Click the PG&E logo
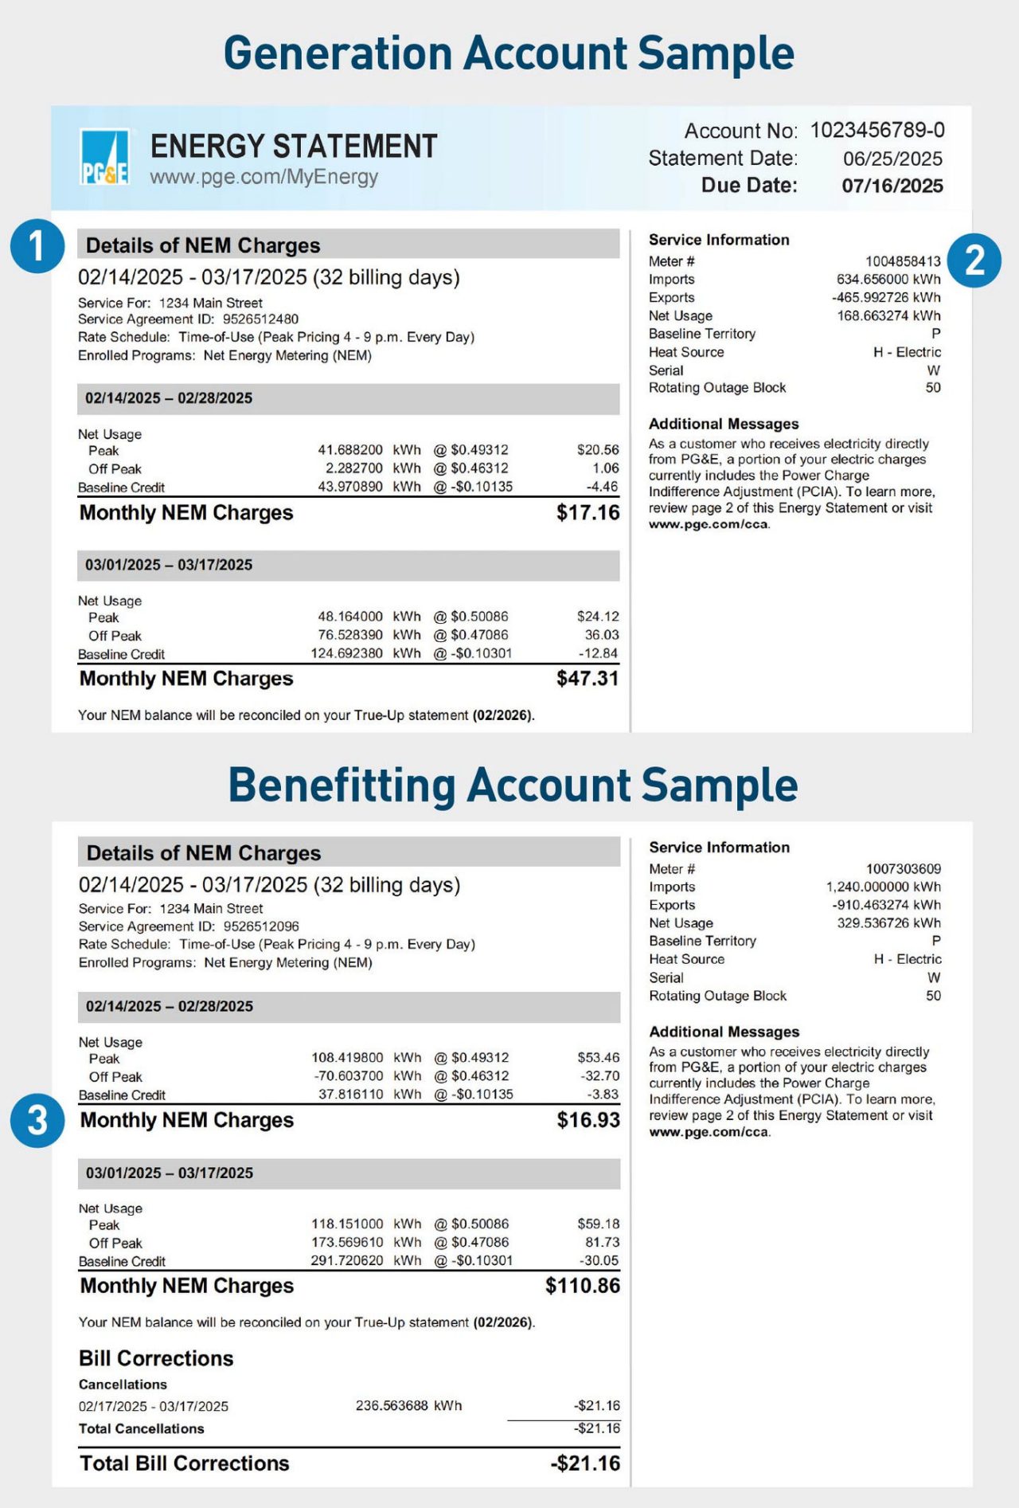click(104, 157)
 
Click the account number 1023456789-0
click(877, 130)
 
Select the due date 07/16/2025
click(892, 186)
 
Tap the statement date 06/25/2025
click(892, 159)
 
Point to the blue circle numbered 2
click(974, 261)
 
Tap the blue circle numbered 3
click(37, 1121)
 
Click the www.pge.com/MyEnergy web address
click(264, 177)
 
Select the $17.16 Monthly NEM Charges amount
click(588, 512)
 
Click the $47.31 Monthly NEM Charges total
click(588, 679)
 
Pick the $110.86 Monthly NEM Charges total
click(582, 1286)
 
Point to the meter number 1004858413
click(903, 261)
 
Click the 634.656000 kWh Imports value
click(888, 280)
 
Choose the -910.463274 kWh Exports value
click(886, 905)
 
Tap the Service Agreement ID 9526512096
click(261, 926)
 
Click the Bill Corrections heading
click(156, 1358)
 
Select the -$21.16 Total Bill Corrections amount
click(584, 1463)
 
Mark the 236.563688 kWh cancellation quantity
click(408, 1406)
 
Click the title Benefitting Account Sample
click(513, 785)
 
